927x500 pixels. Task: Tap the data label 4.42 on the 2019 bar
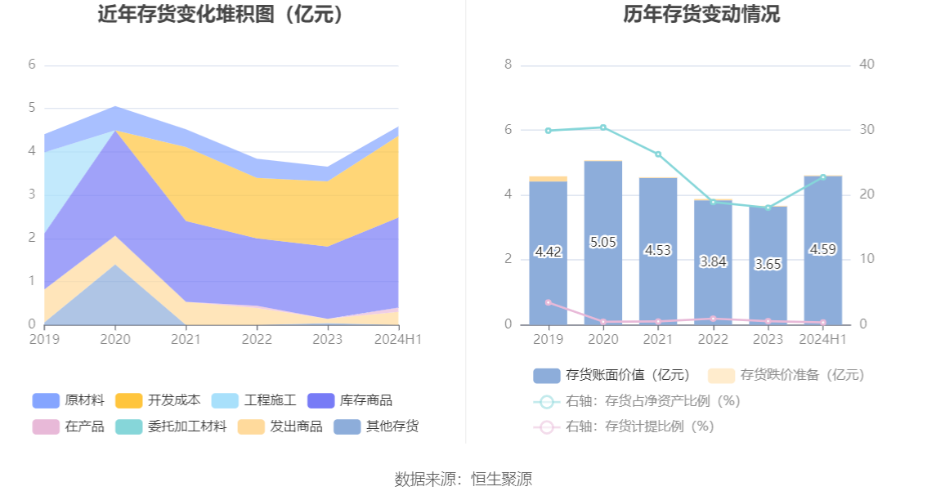pos(548,252)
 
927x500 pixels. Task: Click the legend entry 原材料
pos(69,400)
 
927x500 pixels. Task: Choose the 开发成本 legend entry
pos(159,400)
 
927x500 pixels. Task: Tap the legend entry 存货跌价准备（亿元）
pos(785,375)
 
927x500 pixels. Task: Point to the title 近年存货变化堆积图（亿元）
pos(220,15)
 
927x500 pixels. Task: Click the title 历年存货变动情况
pos(701,15)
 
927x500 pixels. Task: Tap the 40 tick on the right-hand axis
pos(867,65)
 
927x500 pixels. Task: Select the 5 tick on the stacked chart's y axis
pos(32,108)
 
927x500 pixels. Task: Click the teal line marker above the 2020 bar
pos(603,127)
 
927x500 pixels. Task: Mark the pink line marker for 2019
pos(548,302)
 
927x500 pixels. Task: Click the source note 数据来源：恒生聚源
pos(463,479)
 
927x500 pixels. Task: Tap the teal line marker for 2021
pos(658,154)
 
